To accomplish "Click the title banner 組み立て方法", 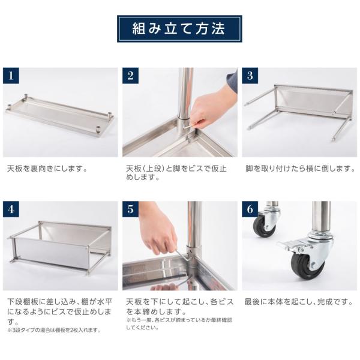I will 179,28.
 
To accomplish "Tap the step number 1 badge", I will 11,76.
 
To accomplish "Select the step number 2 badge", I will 131,76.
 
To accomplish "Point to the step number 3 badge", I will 250,76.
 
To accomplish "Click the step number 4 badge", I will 11,210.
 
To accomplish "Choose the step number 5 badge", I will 131,210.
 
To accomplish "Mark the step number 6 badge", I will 250,210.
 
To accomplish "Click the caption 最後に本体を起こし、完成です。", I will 297,302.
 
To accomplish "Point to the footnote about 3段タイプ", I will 54,330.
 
